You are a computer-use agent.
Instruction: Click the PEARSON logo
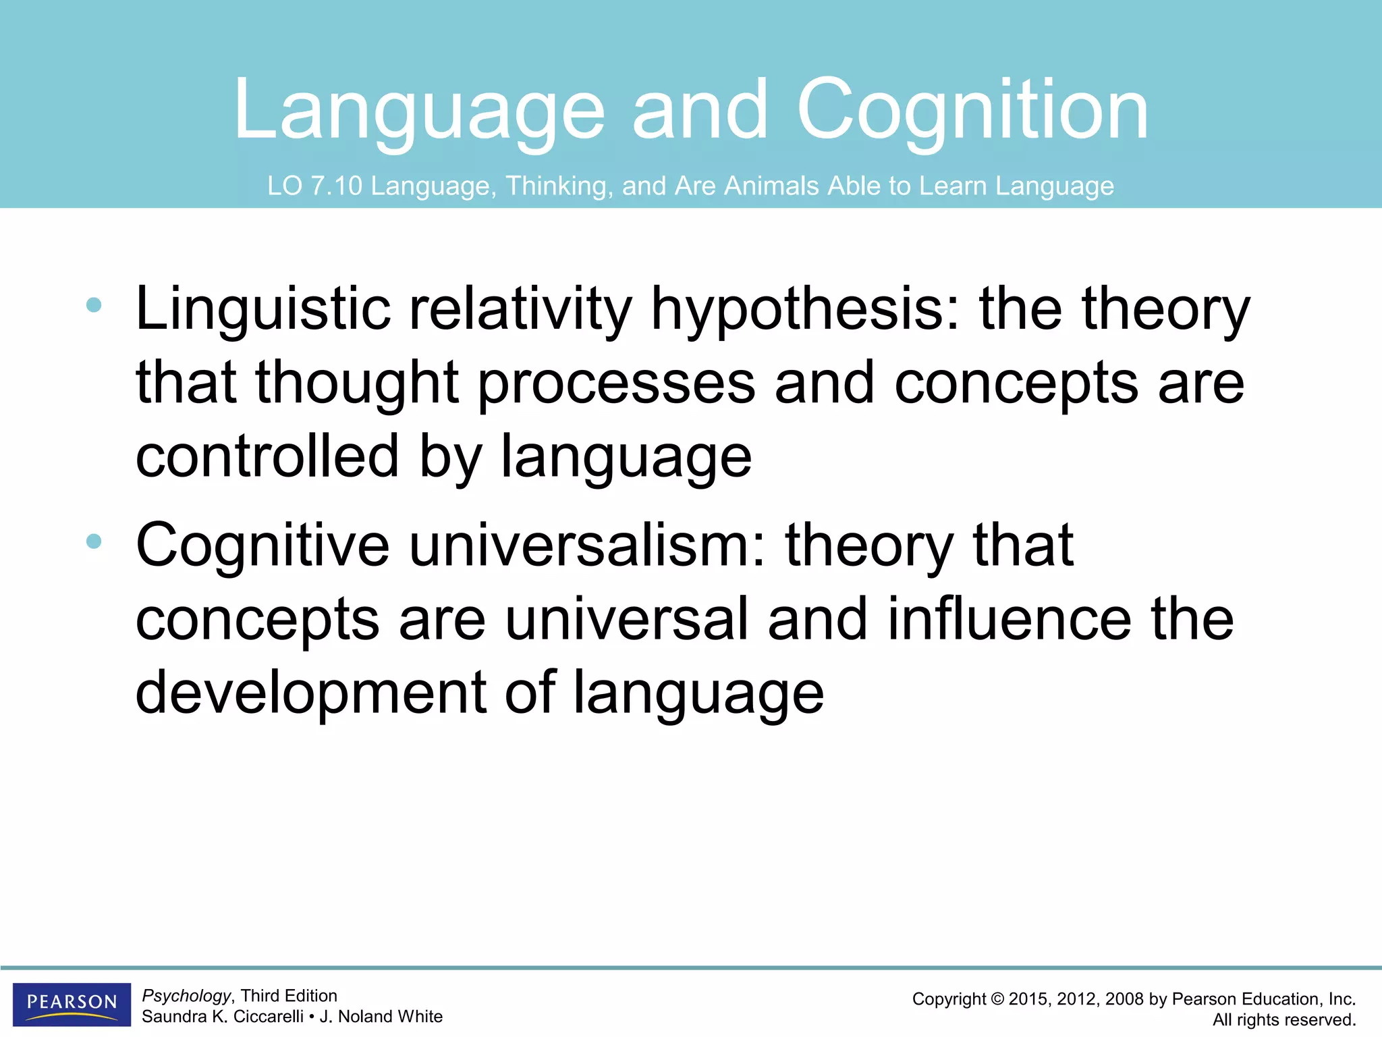[x=72, y=1003]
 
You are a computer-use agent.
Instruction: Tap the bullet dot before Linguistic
[x=94, y=305]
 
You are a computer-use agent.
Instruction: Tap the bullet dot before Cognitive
[x=94, y=541]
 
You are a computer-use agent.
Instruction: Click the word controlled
[x=267, y=457]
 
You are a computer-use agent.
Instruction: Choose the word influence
[x=1009, y=619]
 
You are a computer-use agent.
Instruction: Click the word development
[x=310, y=693]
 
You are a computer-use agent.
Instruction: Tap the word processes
[x=616, y=383]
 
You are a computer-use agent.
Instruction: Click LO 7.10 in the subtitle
[x=314, y=186]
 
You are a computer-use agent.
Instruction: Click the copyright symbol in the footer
[x=997, y=999]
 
